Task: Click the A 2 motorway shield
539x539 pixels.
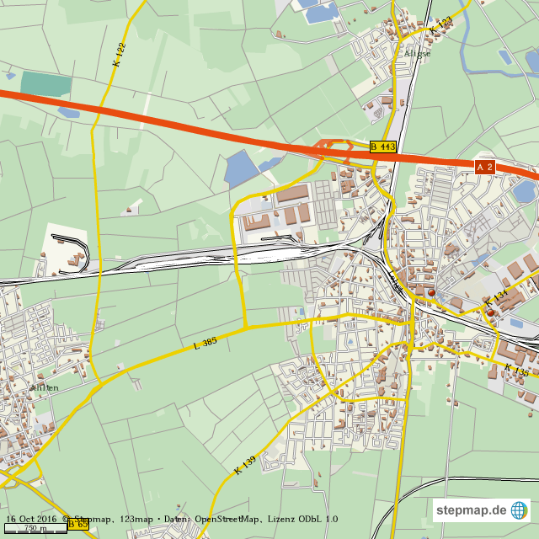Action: pos(484,168)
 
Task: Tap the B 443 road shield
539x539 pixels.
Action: pos(382,147)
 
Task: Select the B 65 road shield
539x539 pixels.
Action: pos(77,525)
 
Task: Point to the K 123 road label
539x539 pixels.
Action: pos(440,25)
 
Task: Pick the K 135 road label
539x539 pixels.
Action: pos(517,369)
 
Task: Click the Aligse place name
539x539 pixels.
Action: pos(417,53)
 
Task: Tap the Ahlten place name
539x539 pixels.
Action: pos(44,387)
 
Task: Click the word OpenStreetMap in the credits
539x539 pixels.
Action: pos(230,519)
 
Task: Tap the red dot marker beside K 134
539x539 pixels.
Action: pos(490,312)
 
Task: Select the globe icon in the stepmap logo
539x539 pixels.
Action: pos(520,510)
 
